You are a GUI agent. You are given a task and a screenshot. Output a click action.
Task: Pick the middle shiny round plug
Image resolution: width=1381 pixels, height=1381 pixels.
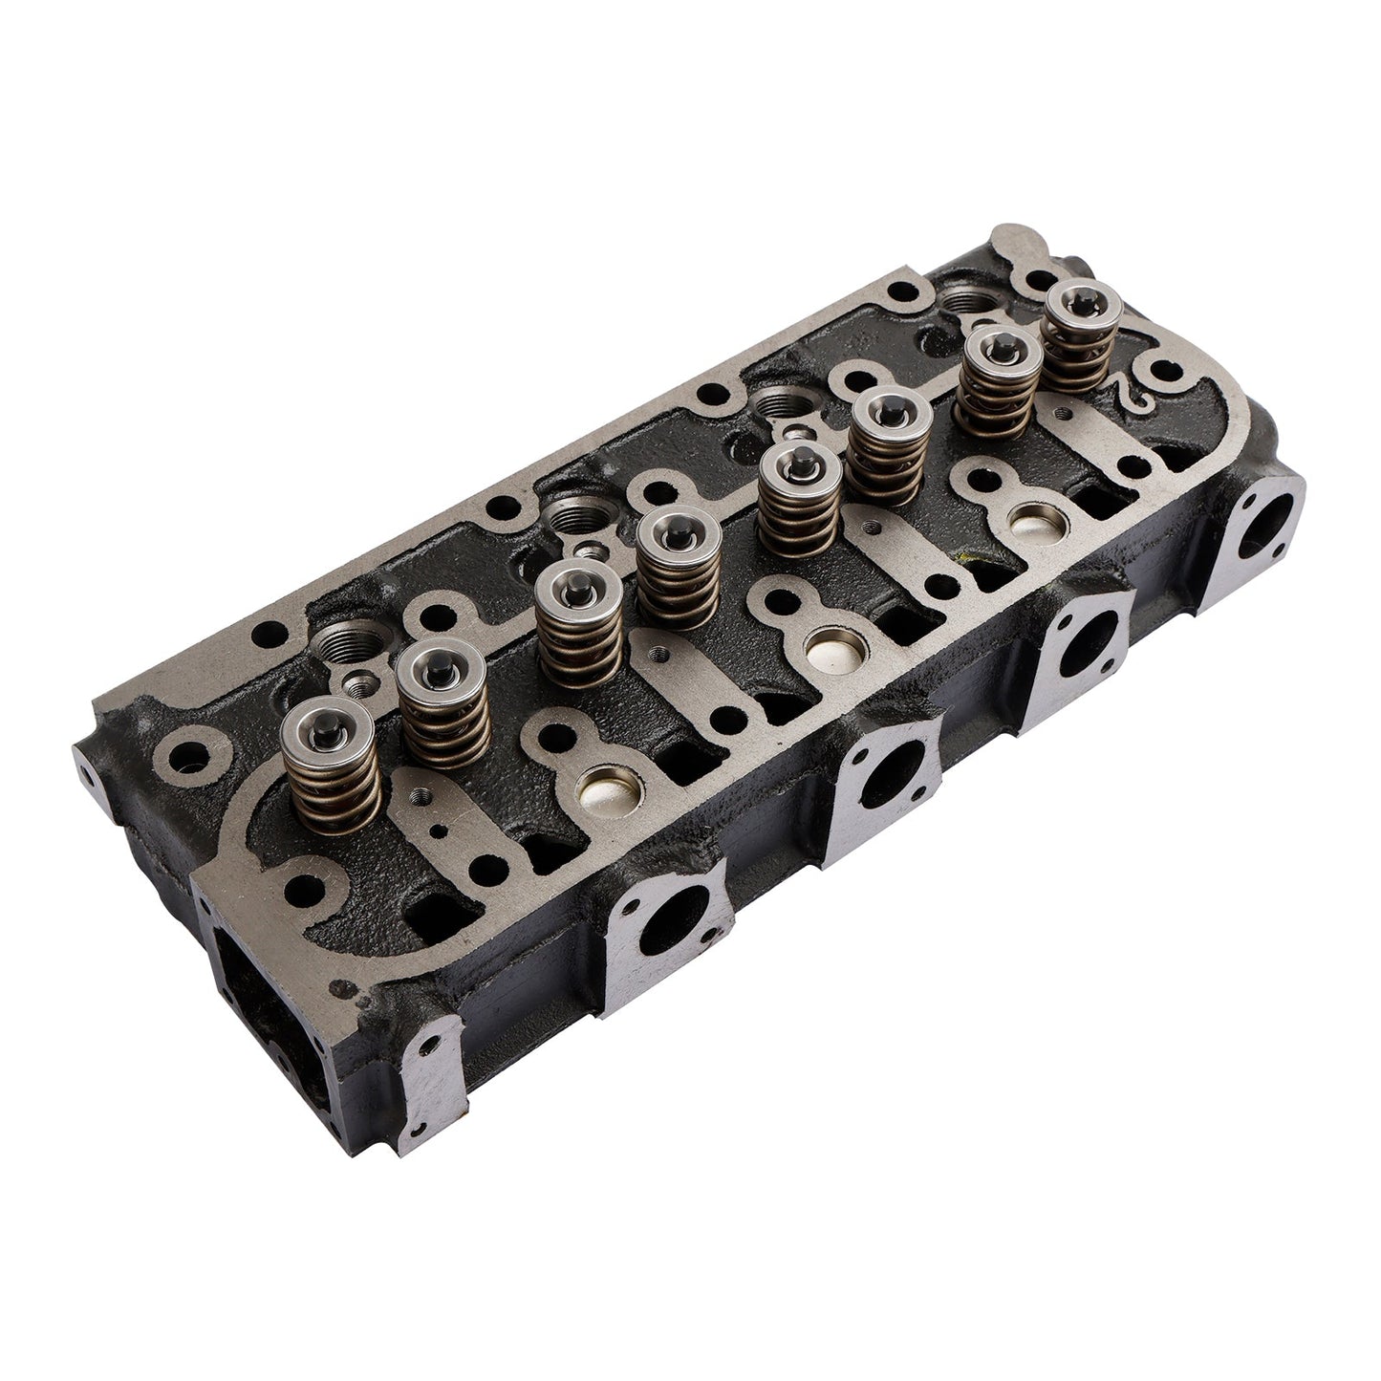click(x=832, y=649)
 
